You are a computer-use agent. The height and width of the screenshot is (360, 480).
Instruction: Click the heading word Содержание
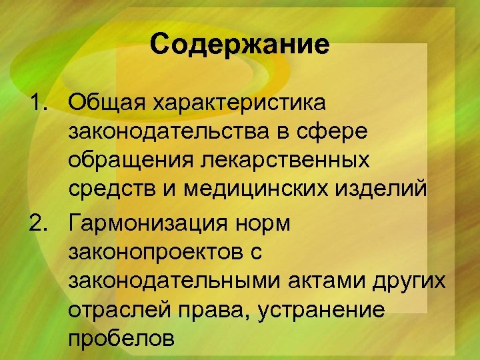coord(240,45)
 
